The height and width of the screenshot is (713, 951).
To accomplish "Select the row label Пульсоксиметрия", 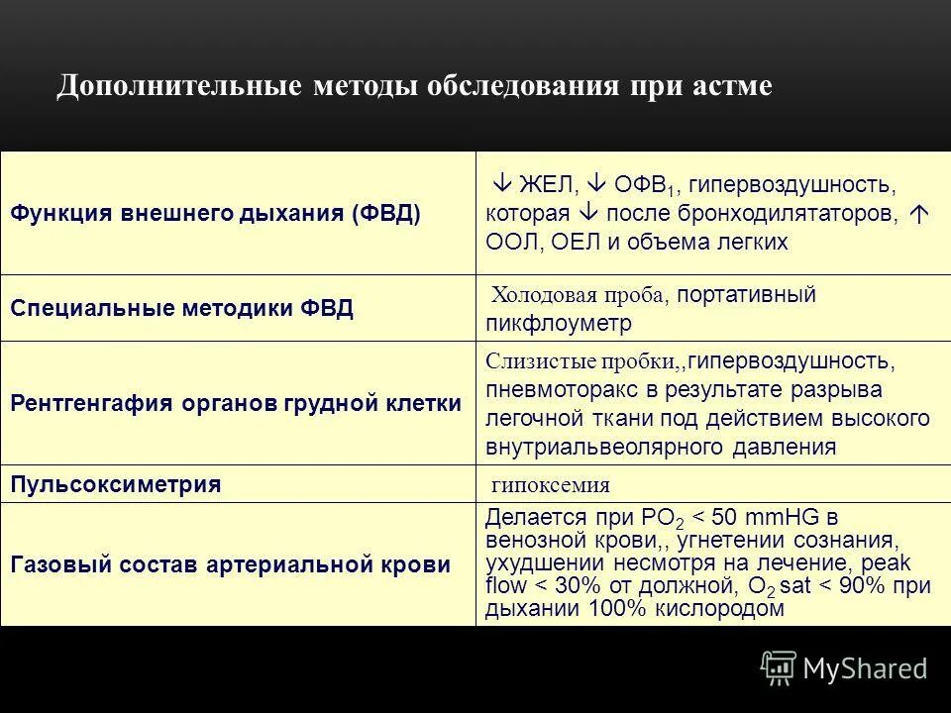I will tap(115, 484).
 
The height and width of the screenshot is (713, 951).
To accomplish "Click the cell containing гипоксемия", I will tap(551, 485).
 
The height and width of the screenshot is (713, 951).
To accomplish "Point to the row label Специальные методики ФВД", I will tap(181, 308).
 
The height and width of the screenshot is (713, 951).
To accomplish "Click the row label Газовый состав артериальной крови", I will tap(230, 564).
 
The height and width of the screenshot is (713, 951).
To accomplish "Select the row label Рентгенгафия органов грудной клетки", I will tap(235, 404).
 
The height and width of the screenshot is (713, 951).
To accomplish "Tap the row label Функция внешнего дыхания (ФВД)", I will tap(215, 213).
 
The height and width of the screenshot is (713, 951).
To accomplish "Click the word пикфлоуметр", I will tap(558, 324).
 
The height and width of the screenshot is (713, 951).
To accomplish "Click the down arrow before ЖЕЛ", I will tap(501, 184).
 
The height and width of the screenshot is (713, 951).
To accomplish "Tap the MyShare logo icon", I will tap(778, 668).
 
